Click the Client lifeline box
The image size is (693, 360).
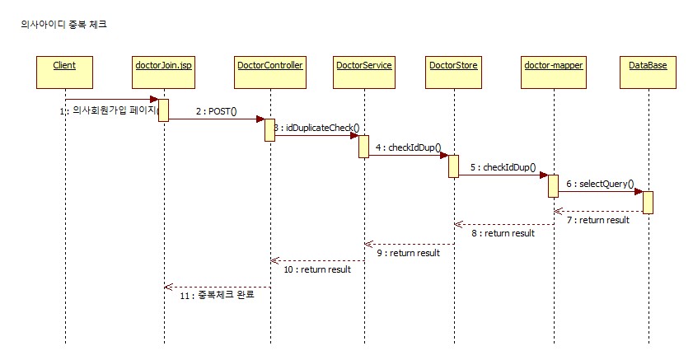point(64,71)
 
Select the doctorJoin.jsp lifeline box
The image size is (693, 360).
point(163,71)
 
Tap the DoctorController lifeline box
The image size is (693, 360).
point(269,71)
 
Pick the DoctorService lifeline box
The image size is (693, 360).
point(363,71)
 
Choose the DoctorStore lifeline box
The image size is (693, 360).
point(453,71)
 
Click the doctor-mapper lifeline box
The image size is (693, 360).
point(554,71)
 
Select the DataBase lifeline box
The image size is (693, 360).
point(648,71)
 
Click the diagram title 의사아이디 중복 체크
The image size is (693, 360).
point(63,25)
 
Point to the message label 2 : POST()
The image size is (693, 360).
point(216,110)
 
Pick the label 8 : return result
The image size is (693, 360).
point(503,233)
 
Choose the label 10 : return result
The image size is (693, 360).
point(317,269)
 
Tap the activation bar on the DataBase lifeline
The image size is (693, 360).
point(648,202)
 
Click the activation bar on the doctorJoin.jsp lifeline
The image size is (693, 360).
point(163,110)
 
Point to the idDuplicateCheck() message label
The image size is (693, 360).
point(321,129)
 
